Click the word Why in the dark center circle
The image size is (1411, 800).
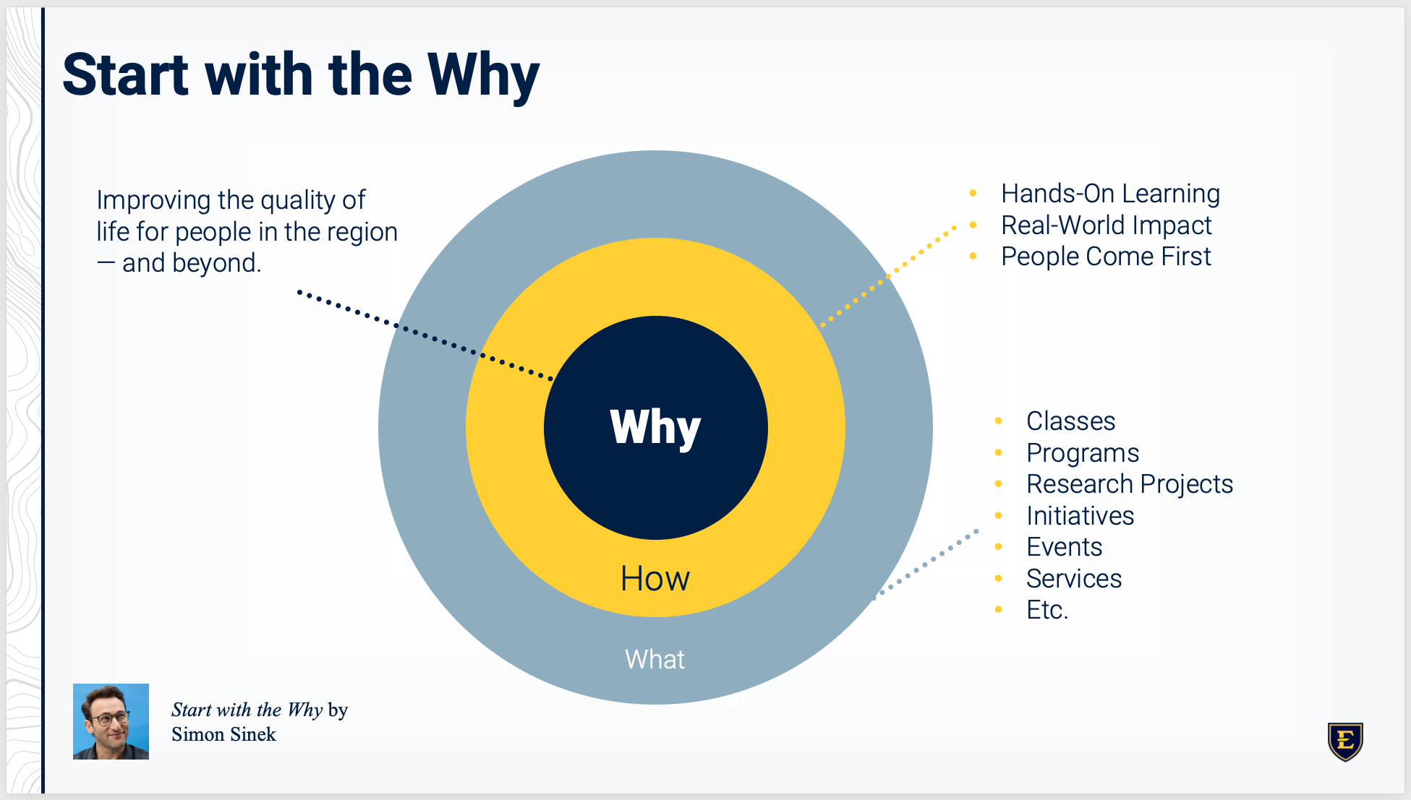[655, 427]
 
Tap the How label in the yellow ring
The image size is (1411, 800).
[655, 578]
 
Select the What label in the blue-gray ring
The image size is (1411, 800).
[655, 659]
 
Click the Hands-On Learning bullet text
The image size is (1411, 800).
[1110, 194]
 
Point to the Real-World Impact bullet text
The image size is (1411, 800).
[1106, 225]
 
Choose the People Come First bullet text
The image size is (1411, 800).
[1106, 257]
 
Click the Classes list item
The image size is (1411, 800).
[1070, 421]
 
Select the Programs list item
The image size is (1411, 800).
[1083, 453]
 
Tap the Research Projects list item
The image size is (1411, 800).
[1129, 484]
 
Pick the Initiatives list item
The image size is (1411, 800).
[1080, 516]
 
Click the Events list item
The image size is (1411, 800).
[1064, 547]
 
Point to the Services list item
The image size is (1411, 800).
[1074, 579]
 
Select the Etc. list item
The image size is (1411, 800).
[1046, 610]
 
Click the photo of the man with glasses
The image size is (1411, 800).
[111, 721]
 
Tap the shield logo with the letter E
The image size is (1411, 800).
[1345, 741]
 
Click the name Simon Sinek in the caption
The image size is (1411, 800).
[223, 734]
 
